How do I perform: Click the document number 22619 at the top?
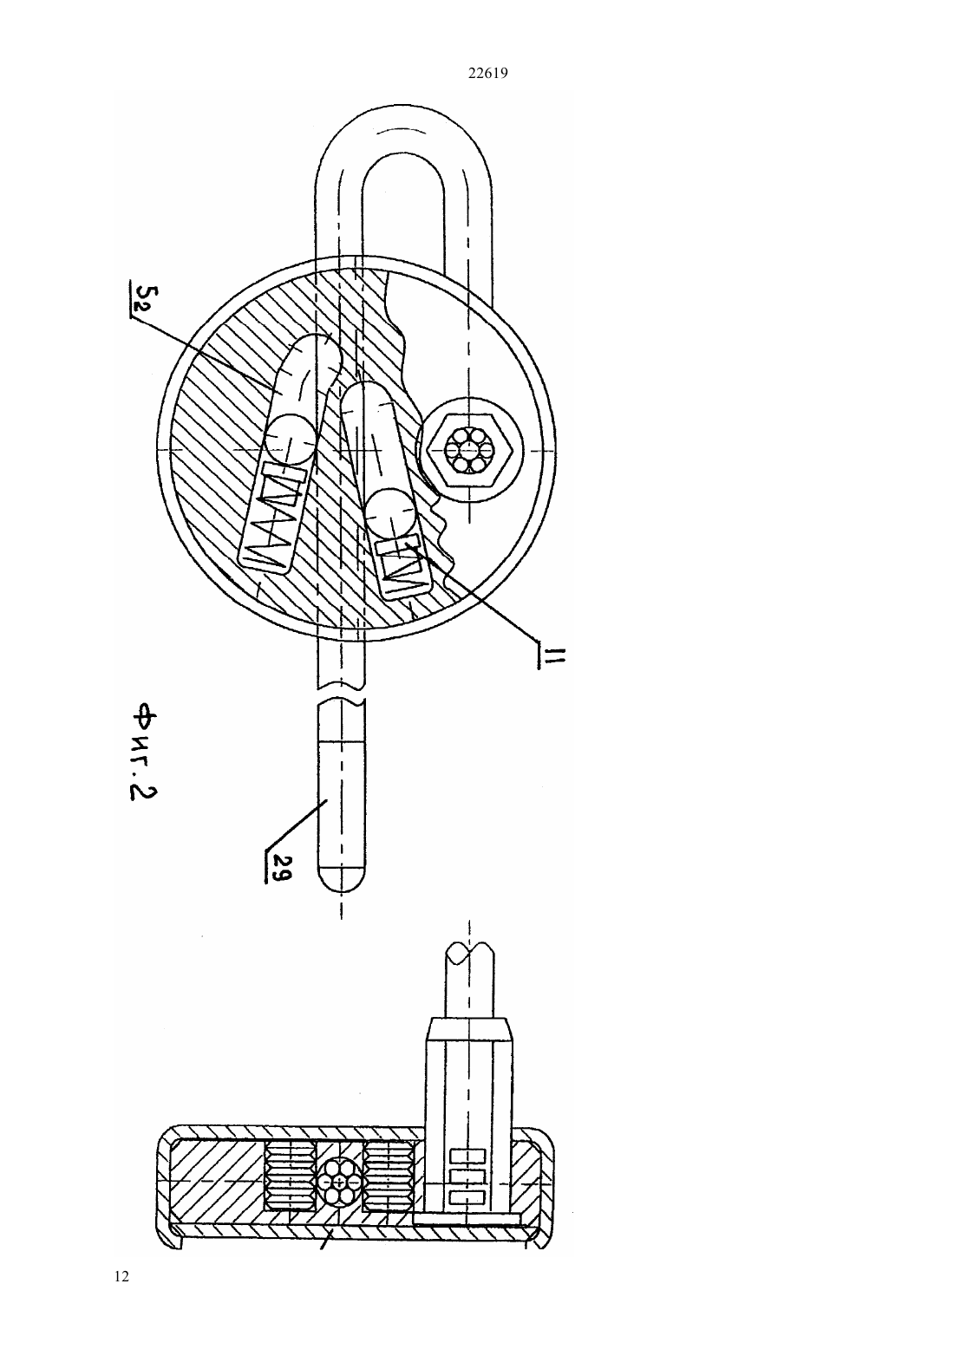pyautogui.click(x=487, y=74)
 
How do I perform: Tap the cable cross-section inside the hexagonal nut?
pyautogui.click(x=467, y=449)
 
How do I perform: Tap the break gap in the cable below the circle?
pyautogui.click(x=341, y=693)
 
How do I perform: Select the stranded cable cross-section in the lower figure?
pyautogui.click(x=340, y=1183)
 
